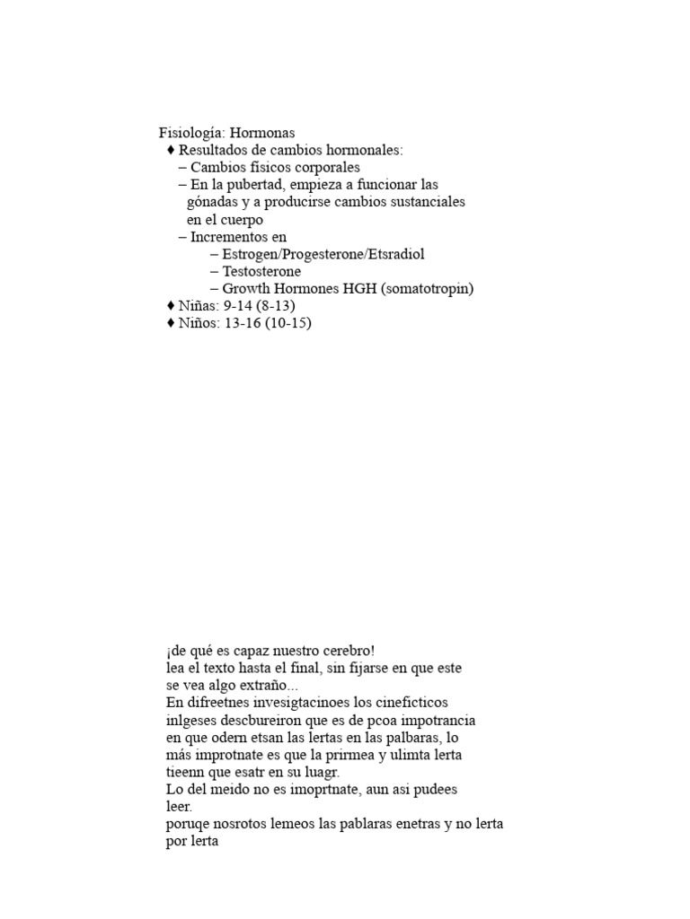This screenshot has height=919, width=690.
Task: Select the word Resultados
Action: (x=212, y=150)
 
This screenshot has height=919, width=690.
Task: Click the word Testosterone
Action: (x=261, y=271)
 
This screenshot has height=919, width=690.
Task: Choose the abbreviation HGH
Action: (x=367, y=289)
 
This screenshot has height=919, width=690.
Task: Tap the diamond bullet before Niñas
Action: (x=171, y=306)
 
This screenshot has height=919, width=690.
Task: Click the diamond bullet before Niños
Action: (x=171, y=323)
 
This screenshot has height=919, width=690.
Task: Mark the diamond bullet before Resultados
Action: (x=171, y=150)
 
